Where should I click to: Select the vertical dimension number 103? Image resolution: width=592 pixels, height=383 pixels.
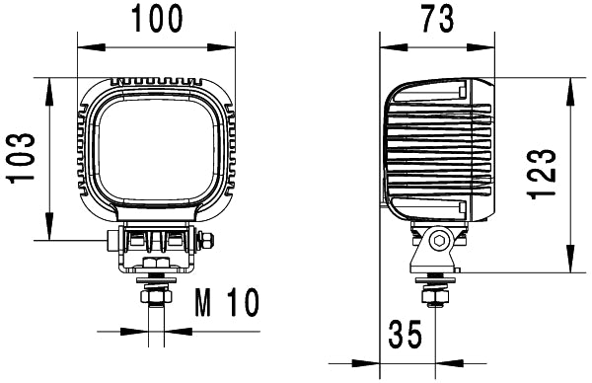(x=22, y=158)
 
